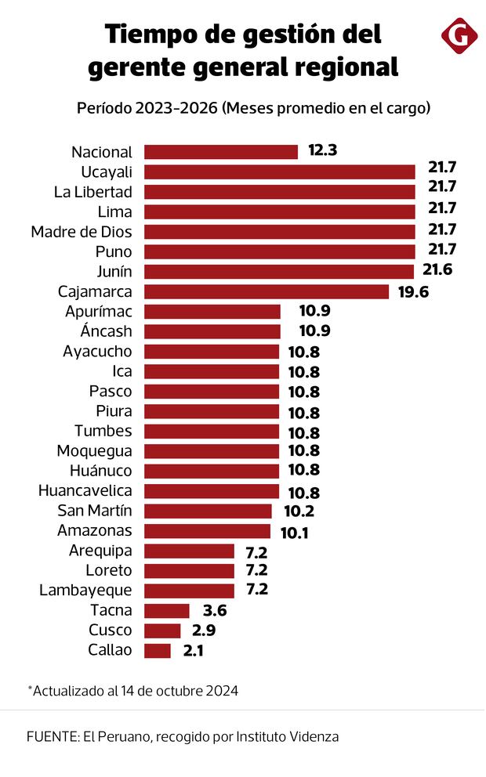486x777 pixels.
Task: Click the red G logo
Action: [x=460, y=36]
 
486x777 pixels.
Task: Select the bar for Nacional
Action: [x=221, y=152]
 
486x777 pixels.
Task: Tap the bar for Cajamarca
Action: [x=267, y=291]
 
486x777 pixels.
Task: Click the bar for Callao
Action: [x=158, y=650]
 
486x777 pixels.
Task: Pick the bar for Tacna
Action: [x=167, y=610]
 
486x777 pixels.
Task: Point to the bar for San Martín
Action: [x=208, y=511]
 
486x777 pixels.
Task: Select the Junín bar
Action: [x=279, y=272]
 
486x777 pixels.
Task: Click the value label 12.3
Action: [x=322, y=151]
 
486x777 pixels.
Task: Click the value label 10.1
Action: [x=294, y=531]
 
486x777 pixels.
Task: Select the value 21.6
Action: [x=437, y=271]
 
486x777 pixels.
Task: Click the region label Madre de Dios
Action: [x=82, y=232]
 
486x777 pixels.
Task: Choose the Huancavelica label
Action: [x=85, y=491]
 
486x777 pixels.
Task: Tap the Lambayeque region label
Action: [x=85, y=591]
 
